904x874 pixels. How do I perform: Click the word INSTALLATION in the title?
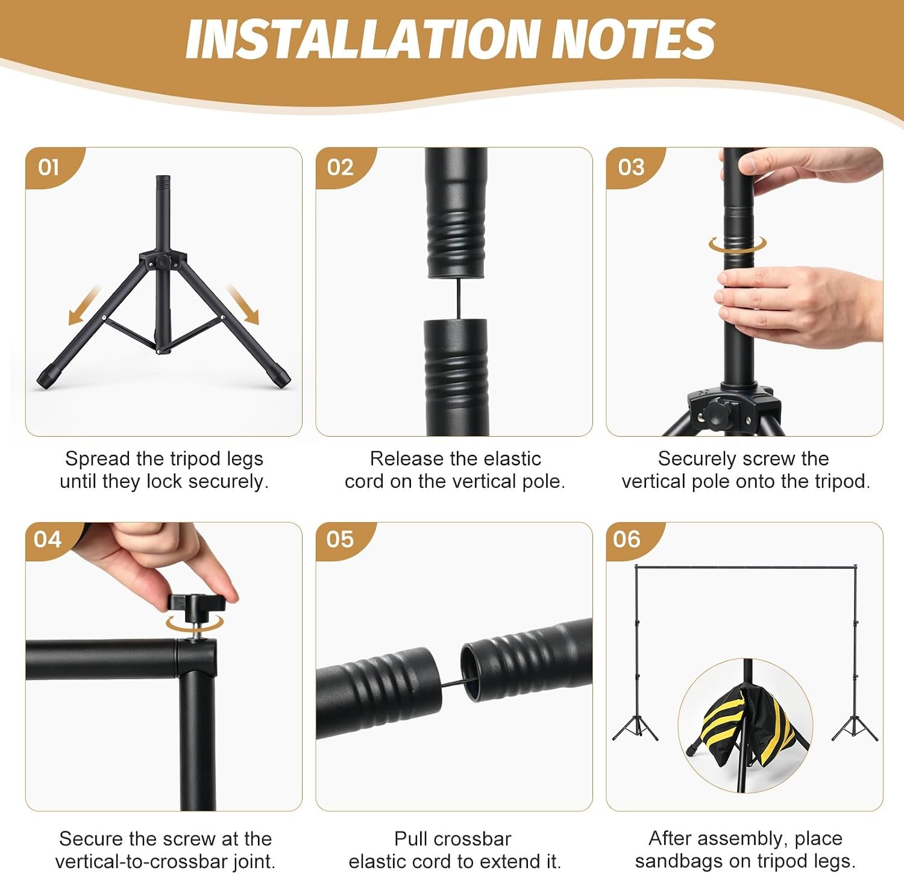361,40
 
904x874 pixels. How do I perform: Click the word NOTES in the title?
633,40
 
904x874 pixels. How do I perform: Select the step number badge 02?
340,167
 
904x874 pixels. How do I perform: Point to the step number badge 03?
631,167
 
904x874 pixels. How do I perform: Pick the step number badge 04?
48,538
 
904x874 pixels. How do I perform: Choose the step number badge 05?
340,538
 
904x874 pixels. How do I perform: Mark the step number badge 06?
627,538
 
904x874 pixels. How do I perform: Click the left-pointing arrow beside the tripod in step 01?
84,305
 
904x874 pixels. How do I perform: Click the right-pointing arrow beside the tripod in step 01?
243,305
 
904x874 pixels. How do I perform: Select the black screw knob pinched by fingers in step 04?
196,604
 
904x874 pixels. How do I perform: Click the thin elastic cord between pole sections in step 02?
459,299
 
